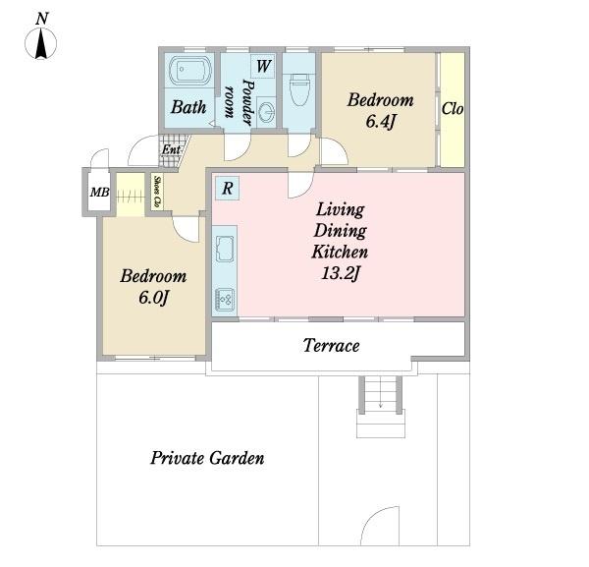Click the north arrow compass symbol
[x=41, y=42]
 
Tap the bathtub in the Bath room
[x=190, y=70]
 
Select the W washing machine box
[x=263, y=67]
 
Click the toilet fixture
[x=300, y=89]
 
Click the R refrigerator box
[x=227, y=188]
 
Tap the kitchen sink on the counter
[x=225, y=249]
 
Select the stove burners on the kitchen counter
[x=225, y=300]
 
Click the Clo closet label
[x=453, y=109]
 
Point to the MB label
[x=99, y=193]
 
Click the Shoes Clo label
[x=157, y=192]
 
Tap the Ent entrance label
[x=171, y=149]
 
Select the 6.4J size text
[x=381, y=122]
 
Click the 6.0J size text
[x=153, y=298]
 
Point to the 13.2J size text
[x=341, y=273]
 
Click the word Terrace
[x=332, y=346]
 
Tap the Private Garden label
[x=207, y=458]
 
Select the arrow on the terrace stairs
[x=381, y=392]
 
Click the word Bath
[x=188, y=107]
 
